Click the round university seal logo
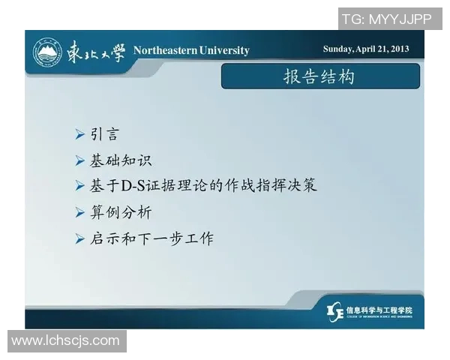[x=46, y=52]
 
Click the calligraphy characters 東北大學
[x=93, y=51]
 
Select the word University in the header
[x=224, y=50]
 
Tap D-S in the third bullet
[x=133, y=185]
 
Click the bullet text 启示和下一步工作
[x=151, y=238]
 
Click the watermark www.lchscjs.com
[x=65, y=341]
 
